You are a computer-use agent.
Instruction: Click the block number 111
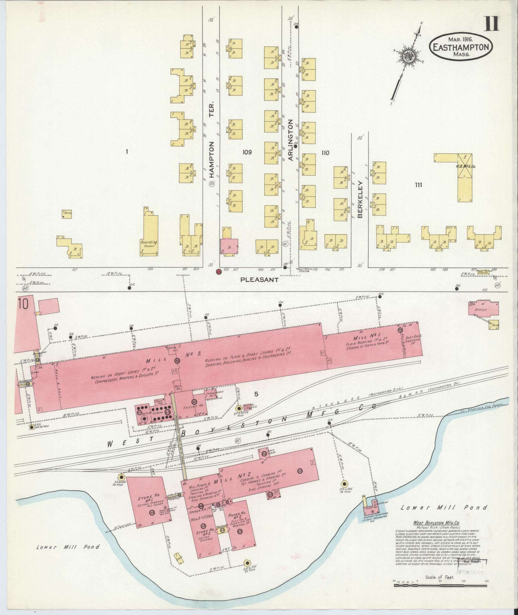pyautogui.click(x=418, y=185)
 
